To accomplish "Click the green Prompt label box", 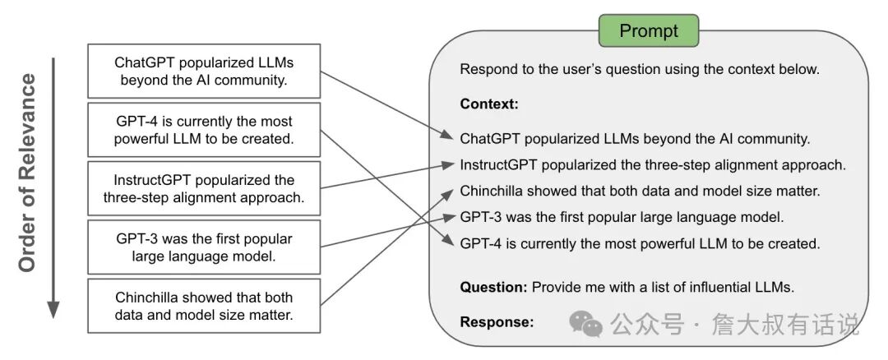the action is pos(649,30).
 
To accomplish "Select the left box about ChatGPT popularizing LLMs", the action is pos(204,71).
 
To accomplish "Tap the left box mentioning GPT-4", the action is pos(204,130).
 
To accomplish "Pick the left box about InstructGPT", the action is pos(204,188).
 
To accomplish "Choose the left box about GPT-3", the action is pos(204,247).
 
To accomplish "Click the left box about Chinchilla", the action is pos(204,306).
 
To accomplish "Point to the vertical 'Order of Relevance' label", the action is pos(26,173).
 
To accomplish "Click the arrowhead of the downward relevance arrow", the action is pos(53,309).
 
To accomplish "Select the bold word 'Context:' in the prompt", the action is pos(489,104).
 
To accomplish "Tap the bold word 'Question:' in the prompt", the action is pos(494,287).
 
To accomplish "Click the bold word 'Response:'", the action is pos(497,322).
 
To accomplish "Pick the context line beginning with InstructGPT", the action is pos(653,165).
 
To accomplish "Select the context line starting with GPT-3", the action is pos(622,217).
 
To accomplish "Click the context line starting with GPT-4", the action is pos(640,244).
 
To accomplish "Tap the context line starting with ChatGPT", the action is pos(635,139).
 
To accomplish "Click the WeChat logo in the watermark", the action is pos(586,324).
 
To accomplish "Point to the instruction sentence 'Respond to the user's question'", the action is pos(640,70).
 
